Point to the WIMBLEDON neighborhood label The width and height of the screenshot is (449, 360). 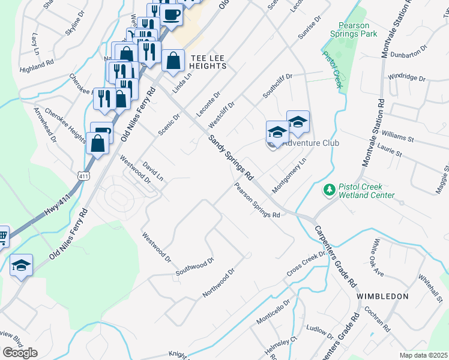[x=382, y=296]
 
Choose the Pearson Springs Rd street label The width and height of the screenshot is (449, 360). [x=257, y=200]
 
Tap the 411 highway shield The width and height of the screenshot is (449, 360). [x=83, y=173]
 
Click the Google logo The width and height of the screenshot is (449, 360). [x=20, y=353]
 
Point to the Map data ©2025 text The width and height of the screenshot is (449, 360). [x=423, y=355]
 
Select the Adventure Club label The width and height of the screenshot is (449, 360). [x=310, y=143]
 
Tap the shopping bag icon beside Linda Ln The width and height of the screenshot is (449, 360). [x=173, y=61]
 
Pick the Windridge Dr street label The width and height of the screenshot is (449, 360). [x=406, y=78]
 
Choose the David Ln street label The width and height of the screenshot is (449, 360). [x=152, y=171]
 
